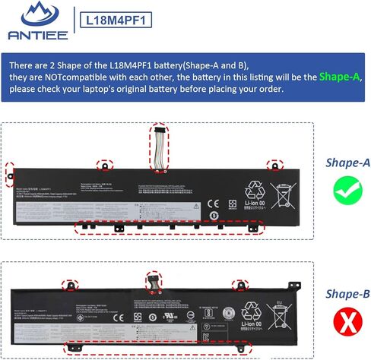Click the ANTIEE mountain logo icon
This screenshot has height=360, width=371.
[x=35, y=14]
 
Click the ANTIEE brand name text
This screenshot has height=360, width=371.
[x=35, y=34]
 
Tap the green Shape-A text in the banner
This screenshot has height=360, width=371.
[x=340, y=77]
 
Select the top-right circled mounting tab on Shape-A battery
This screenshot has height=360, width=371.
[x=271, y=165]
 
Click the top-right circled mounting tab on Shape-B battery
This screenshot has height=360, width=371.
[x=243, y=286]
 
